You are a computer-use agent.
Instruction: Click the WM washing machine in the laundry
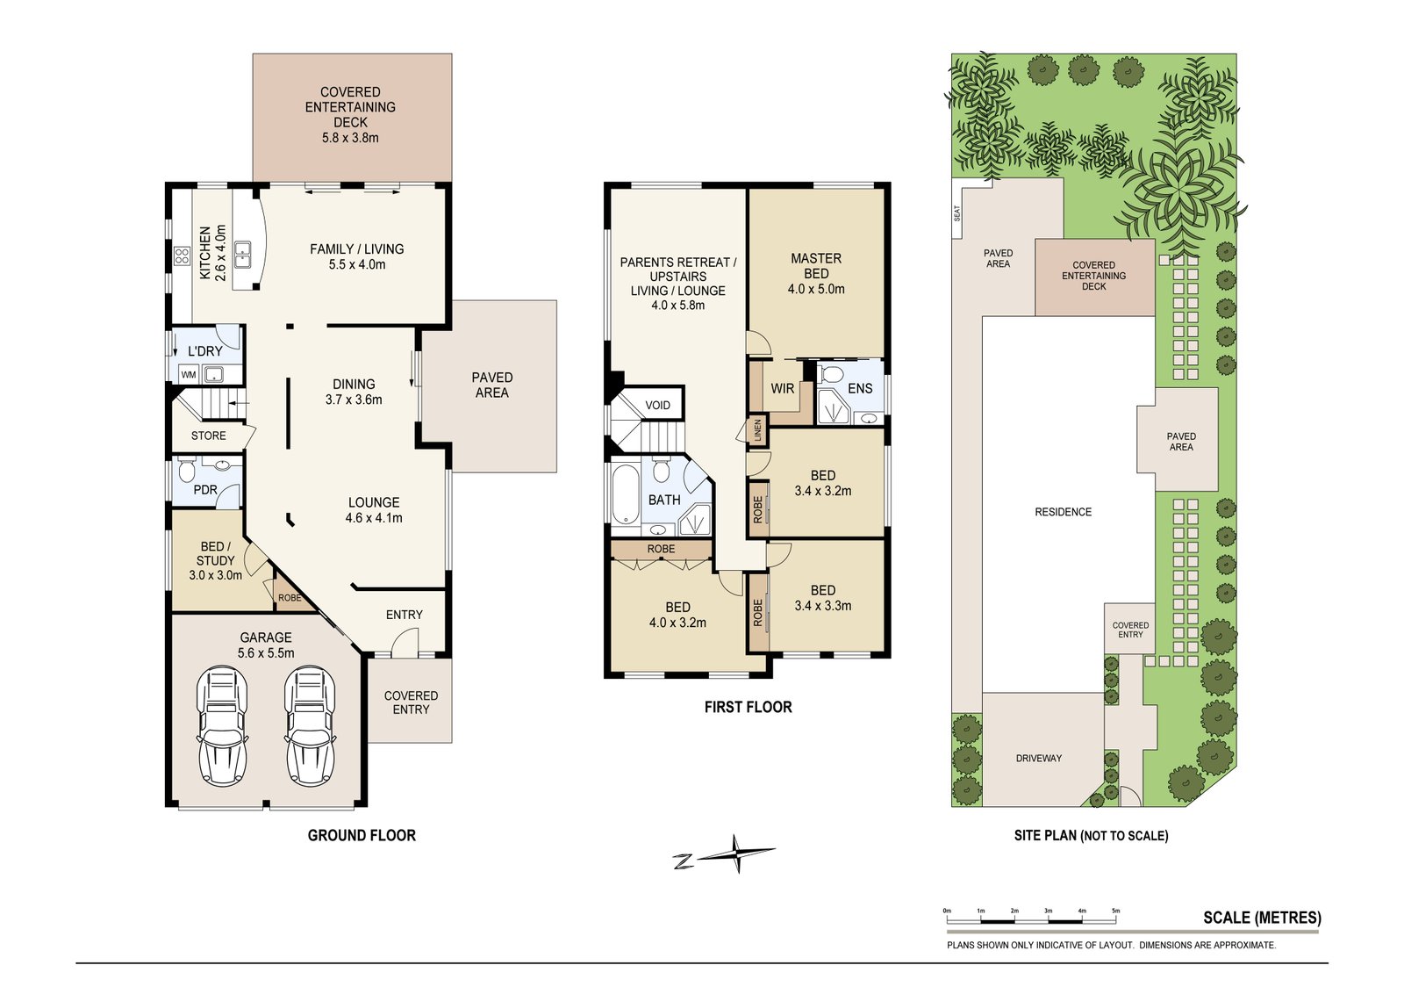(189, 374)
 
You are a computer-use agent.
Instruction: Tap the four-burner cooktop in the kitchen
(182, 256)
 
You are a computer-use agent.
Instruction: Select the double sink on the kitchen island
(243, 255)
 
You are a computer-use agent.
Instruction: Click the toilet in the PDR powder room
(187, 470)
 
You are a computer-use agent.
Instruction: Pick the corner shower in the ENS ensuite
(834, 407)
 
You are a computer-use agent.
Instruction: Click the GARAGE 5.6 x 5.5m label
(266, 645)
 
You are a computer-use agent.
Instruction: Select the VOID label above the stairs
(657, 405)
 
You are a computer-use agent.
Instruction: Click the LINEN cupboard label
(757, 430)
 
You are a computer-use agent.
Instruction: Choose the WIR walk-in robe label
(782, 389)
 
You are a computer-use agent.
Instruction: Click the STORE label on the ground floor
(209, 436)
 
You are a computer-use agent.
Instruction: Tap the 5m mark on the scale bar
(1115, 911)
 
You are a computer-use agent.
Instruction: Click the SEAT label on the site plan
(957, 213)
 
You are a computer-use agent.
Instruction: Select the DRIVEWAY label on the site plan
(1039, 758)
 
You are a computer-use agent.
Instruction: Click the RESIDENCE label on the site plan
(1063, 512)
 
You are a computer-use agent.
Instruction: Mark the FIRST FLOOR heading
(748, 708)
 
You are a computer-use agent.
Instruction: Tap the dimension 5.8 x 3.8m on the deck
(350, 138)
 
